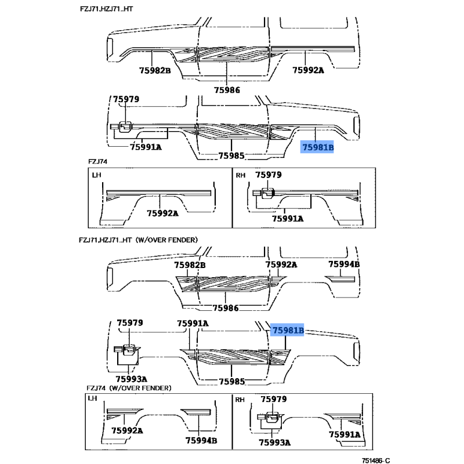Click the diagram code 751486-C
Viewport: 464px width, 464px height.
point(376,460)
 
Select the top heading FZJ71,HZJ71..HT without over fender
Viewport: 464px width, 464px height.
point(107,9)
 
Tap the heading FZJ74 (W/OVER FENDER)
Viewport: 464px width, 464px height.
point(129,388)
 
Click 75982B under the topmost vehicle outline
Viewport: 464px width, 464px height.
point(155,70)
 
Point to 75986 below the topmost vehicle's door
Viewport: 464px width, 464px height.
point(227,90)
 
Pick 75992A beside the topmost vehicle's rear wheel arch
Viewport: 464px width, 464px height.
point(308,70)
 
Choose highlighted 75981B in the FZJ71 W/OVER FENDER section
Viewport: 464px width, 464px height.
point(288,330)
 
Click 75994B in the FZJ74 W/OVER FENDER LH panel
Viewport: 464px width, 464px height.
point(201,440)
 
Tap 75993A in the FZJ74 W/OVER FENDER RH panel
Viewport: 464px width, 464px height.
point(274,443)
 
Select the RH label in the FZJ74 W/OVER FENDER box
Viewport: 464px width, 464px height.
point(240,400)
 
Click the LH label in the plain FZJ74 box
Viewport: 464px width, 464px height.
point(96,175)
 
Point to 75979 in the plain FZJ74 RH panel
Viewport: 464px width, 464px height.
point(269,175)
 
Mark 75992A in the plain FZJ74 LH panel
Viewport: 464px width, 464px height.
point(162,213)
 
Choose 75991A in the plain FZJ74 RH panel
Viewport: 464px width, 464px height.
point(288,219)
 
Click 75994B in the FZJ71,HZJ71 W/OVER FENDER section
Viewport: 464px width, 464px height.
point(344,264)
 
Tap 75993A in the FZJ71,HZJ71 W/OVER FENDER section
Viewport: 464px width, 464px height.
point(132,379)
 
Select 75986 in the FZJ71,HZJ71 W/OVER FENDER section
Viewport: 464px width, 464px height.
point(226,308)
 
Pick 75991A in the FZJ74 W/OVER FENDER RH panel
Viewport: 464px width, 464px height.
point(345,434)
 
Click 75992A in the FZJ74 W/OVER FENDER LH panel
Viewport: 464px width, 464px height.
point(127,430)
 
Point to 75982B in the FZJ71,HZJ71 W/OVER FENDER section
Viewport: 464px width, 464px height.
point(190,265)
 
